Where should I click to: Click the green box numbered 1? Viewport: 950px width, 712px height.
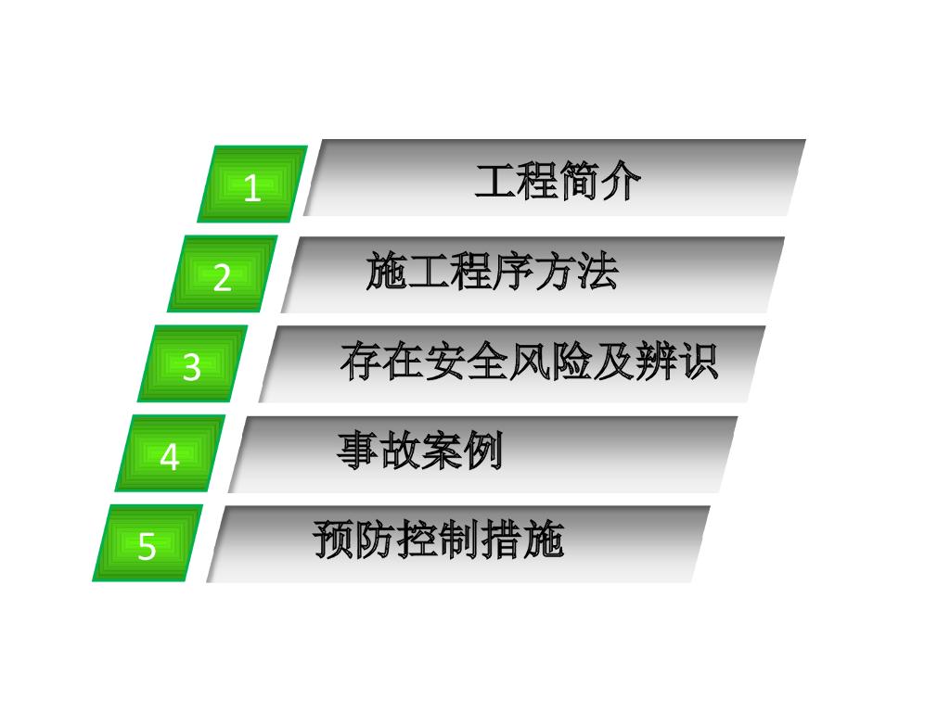point(252,184)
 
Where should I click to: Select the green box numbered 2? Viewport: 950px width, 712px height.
point(223,274)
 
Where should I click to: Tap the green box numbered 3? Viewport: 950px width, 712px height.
point(192,364)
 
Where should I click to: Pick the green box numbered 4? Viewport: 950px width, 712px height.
point(170,454)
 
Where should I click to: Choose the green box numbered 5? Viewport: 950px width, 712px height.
point(148,544)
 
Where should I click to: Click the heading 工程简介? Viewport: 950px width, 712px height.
point(557,182)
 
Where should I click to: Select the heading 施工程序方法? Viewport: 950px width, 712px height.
point(492,273)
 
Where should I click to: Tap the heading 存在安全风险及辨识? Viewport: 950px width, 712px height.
point(529,362)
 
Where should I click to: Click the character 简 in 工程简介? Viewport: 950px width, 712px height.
point(579,182)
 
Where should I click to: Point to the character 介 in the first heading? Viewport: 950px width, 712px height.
point(621,182)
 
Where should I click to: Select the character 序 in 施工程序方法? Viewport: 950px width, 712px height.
point(513,273)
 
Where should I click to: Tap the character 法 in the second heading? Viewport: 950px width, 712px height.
point(597,273)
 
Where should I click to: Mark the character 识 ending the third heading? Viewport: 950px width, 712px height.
point(698,362)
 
